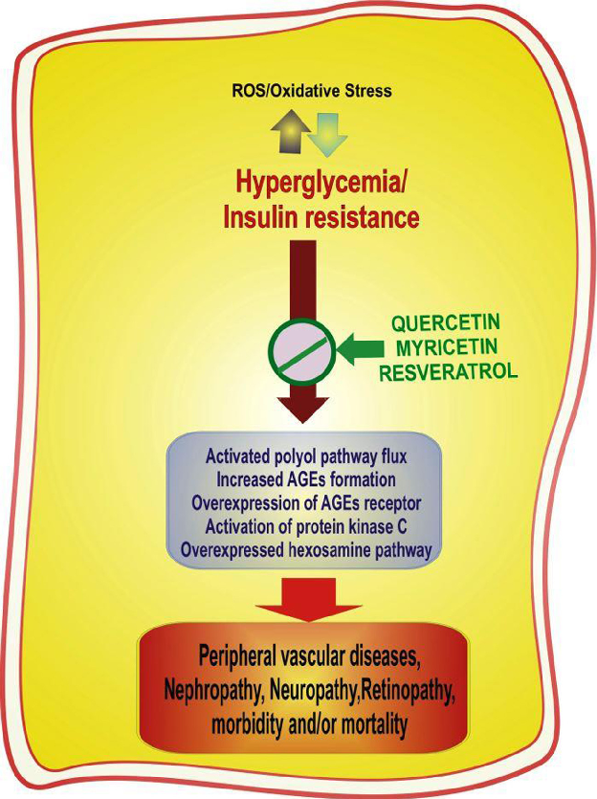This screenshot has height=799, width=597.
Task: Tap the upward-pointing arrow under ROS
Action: (x=285, y=131)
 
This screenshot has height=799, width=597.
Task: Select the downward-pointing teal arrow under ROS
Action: (x=327, y=133)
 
